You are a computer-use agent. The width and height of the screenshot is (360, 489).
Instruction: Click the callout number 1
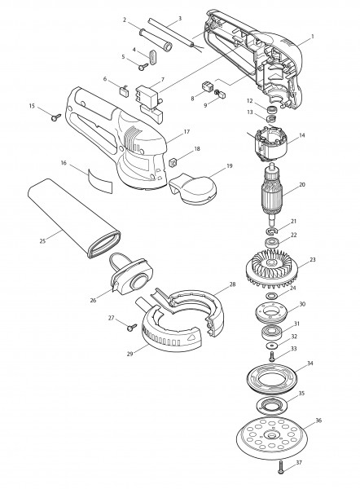(312, 37)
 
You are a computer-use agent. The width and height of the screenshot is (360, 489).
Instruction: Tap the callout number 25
(42, 240)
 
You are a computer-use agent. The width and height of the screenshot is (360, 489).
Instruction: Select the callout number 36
(318, 421)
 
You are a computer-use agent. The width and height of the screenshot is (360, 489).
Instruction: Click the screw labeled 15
(56, 117)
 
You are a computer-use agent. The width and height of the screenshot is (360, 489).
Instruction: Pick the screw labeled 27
(132, 327)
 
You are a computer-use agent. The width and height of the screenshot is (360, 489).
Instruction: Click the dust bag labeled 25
(74, 218)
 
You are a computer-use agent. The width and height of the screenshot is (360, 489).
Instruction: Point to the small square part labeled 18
(173, 162)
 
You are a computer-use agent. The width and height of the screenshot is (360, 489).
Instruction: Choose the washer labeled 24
(272, 295)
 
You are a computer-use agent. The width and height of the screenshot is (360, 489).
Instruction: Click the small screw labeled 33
(272, 356)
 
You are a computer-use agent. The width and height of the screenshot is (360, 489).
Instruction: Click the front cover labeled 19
(192, 189)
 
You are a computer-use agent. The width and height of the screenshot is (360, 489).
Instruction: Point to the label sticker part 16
(99, 180)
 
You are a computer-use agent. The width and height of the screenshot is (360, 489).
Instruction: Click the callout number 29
(130, 354)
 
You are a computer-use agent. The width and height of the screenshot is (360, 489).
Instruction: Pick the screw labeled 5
(143, 67)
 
